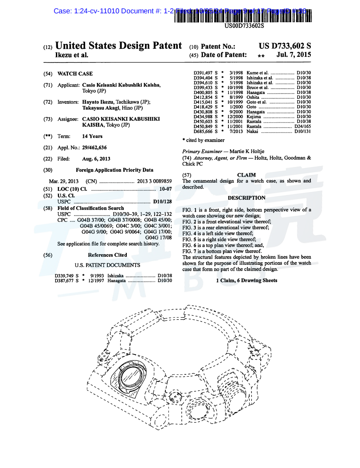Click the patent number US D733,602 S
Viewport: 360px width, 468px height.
285,46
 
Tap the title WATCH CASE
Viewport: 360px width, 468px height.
75,74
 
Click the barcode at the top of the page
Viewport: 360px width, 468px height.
244,16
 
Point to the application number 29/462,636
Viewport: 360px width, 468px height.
94,147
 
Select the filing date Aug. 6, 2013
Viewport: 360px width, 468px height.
96,158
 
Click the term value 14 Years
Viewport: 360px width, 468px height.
92,136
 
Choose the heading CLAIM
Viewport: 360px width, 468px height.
247,175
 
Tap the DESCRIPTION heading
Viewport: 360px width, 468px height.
247,198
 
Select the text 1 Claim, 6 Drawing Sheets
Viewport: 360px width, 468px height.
247,280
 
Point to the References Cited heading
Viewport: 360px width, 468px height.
107,255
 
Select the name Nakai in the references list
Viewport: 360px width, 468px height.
252,131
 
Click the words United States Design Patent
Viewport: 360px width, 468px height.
118,46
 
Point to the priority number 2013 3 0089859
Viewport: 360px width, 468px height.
154,181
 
